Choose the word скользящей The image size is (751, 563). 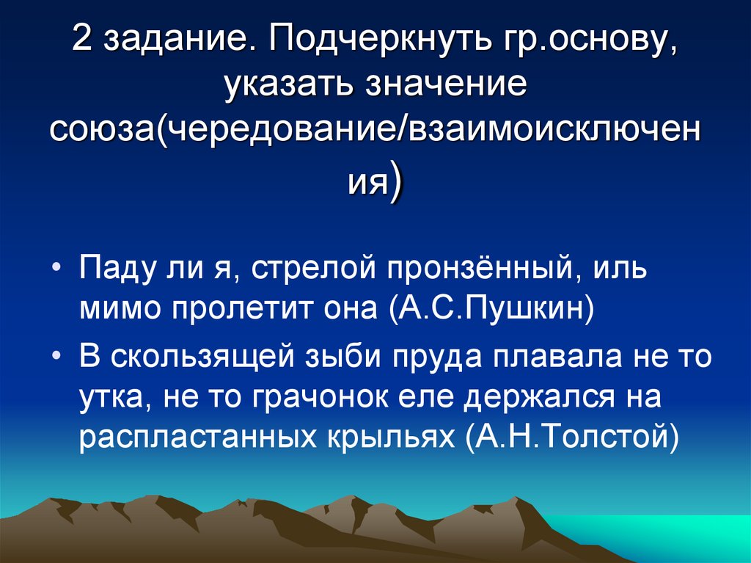coord(199,357)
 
